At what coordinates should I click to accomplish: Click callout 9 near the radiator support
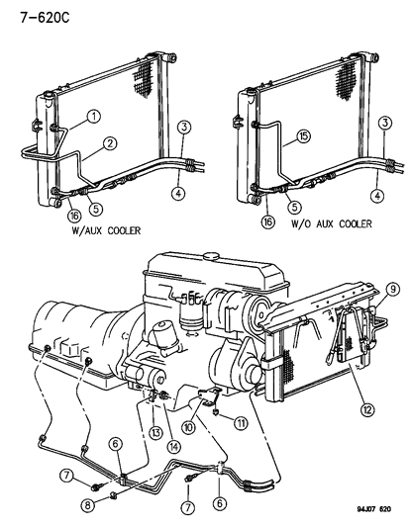point(394,289)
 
